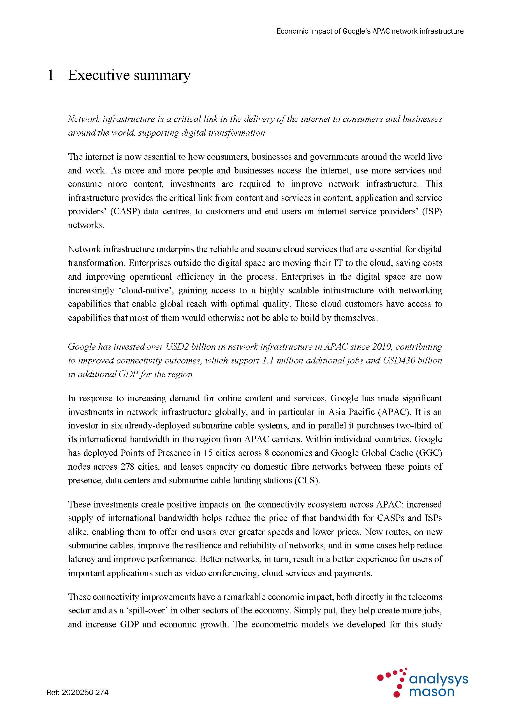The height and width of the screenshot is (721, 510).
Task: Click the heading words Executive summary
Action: click(129, 75)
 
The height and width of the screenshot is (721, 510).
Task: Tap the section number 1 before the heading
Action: click(50, 75)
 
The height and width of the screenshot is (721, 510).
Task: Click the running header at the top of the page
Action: click(370, 31)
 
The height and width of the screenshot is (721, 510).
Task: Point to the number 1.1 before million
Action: click(268, 360)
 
